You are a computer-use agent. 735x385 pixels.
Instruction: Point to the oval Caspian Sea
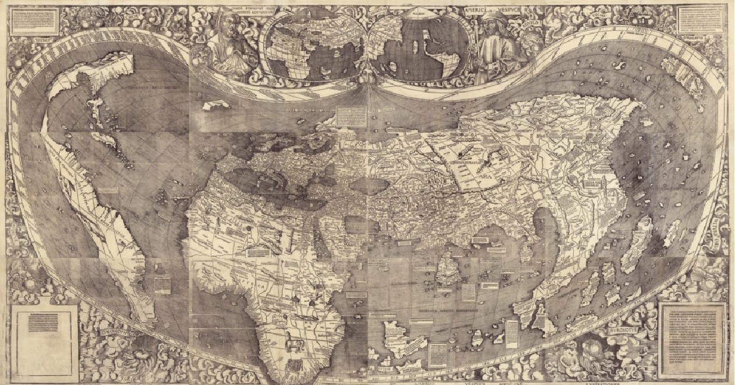(x=370, y=186)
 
